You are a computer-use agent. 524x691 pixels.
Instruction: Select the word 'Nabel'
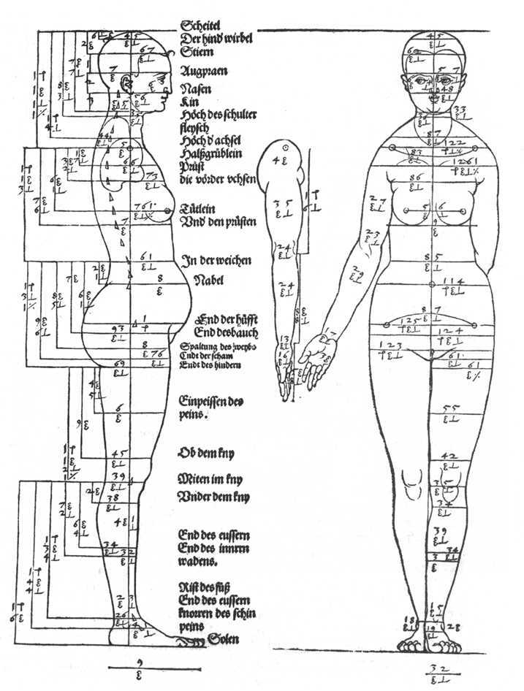pyautogui.click(x=210, y=280)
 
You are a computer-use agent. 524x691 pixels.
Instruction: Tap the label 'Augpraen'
pyautogui.click(x=204, y=72)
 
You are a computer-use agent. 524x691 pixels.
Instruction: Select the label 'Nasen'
pyautogui.click(x=196, y=88)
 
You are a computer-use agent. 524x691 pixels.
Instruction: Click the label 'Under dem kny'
pyautogui.click(x=215, y=497)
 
